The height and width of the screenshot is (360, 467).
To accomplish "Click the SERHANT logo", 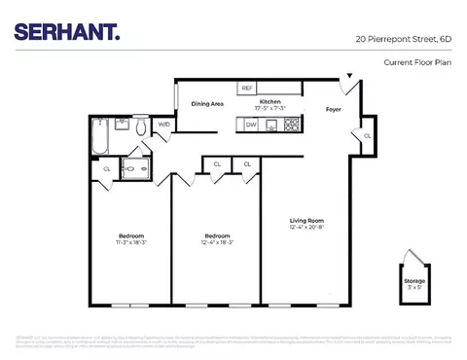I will tap(67, 33).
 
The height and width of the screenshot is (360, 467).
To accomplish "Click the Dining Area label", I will tap(207, 103).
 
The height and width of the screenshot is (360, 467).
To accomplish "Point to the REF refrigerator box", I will tap(247, 89).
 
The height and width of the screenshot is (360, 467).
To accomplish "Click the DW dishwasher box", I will tap(251, 125).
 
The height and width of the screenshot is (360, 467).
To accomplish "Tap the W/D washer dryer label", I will tap(164, 126).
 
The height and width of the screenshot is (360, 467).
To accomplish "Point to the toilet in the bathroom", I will tap(141, 127).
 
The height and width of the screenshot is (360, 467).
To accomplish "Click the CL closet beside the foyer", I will tap(367, 135).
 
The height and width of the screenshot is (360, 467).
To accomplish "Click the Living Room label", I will tap(305, 221).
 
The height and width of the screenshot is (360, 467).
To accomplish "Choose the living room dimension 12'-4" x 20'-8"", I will tap(305, 229).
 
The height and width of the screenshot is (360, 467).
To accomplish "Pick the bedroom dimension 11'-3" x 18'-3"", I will tap(131, 243).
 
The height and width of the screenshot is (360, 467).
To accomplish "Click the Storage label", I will tap(414, 280).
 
